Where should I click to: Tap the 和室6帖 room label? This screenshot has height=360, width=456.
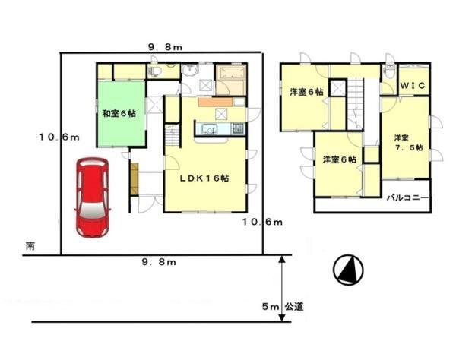(x=119, y=114)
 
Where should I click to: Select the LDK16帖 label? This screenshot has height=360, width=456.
(x=204, y=178)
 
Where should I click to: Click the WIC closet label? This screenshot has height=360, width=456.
(x=413, y=85)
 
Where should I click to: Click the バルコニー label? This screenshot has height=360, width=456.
(x=407, y=198)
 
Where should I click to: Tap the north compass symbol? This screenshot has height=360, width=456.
(x=348, y=269)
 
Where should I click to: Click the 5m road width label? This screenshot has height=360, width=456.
(x=271, y=307)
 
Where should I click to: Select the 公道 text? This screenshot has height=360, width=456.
(x=294, y=306)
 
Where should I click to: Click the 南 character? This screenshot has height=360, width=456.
(x=30, y=246)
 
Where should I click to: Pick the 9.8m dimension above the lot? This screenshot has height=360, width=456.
(x=165, y=47)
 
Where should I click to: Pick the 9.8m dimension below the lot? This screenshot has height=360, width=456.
(x=159, y=262)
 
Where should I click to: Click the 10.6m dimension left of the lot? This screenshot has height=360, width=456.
(x=59, y=137)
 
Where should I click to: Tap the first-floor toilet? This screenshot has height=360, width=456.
(x=154, y=71)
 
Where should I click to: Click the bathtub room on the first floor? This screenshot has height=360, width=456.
(x=231, y=79)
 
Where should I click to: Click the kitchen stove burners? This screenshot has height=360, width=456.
(x=238, y=128)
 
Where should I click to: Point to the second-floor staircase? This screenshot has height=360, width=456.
(x=356, y=103)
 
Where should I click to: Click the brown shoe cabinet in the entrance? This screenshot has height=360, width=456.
(x=134, y=178)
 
